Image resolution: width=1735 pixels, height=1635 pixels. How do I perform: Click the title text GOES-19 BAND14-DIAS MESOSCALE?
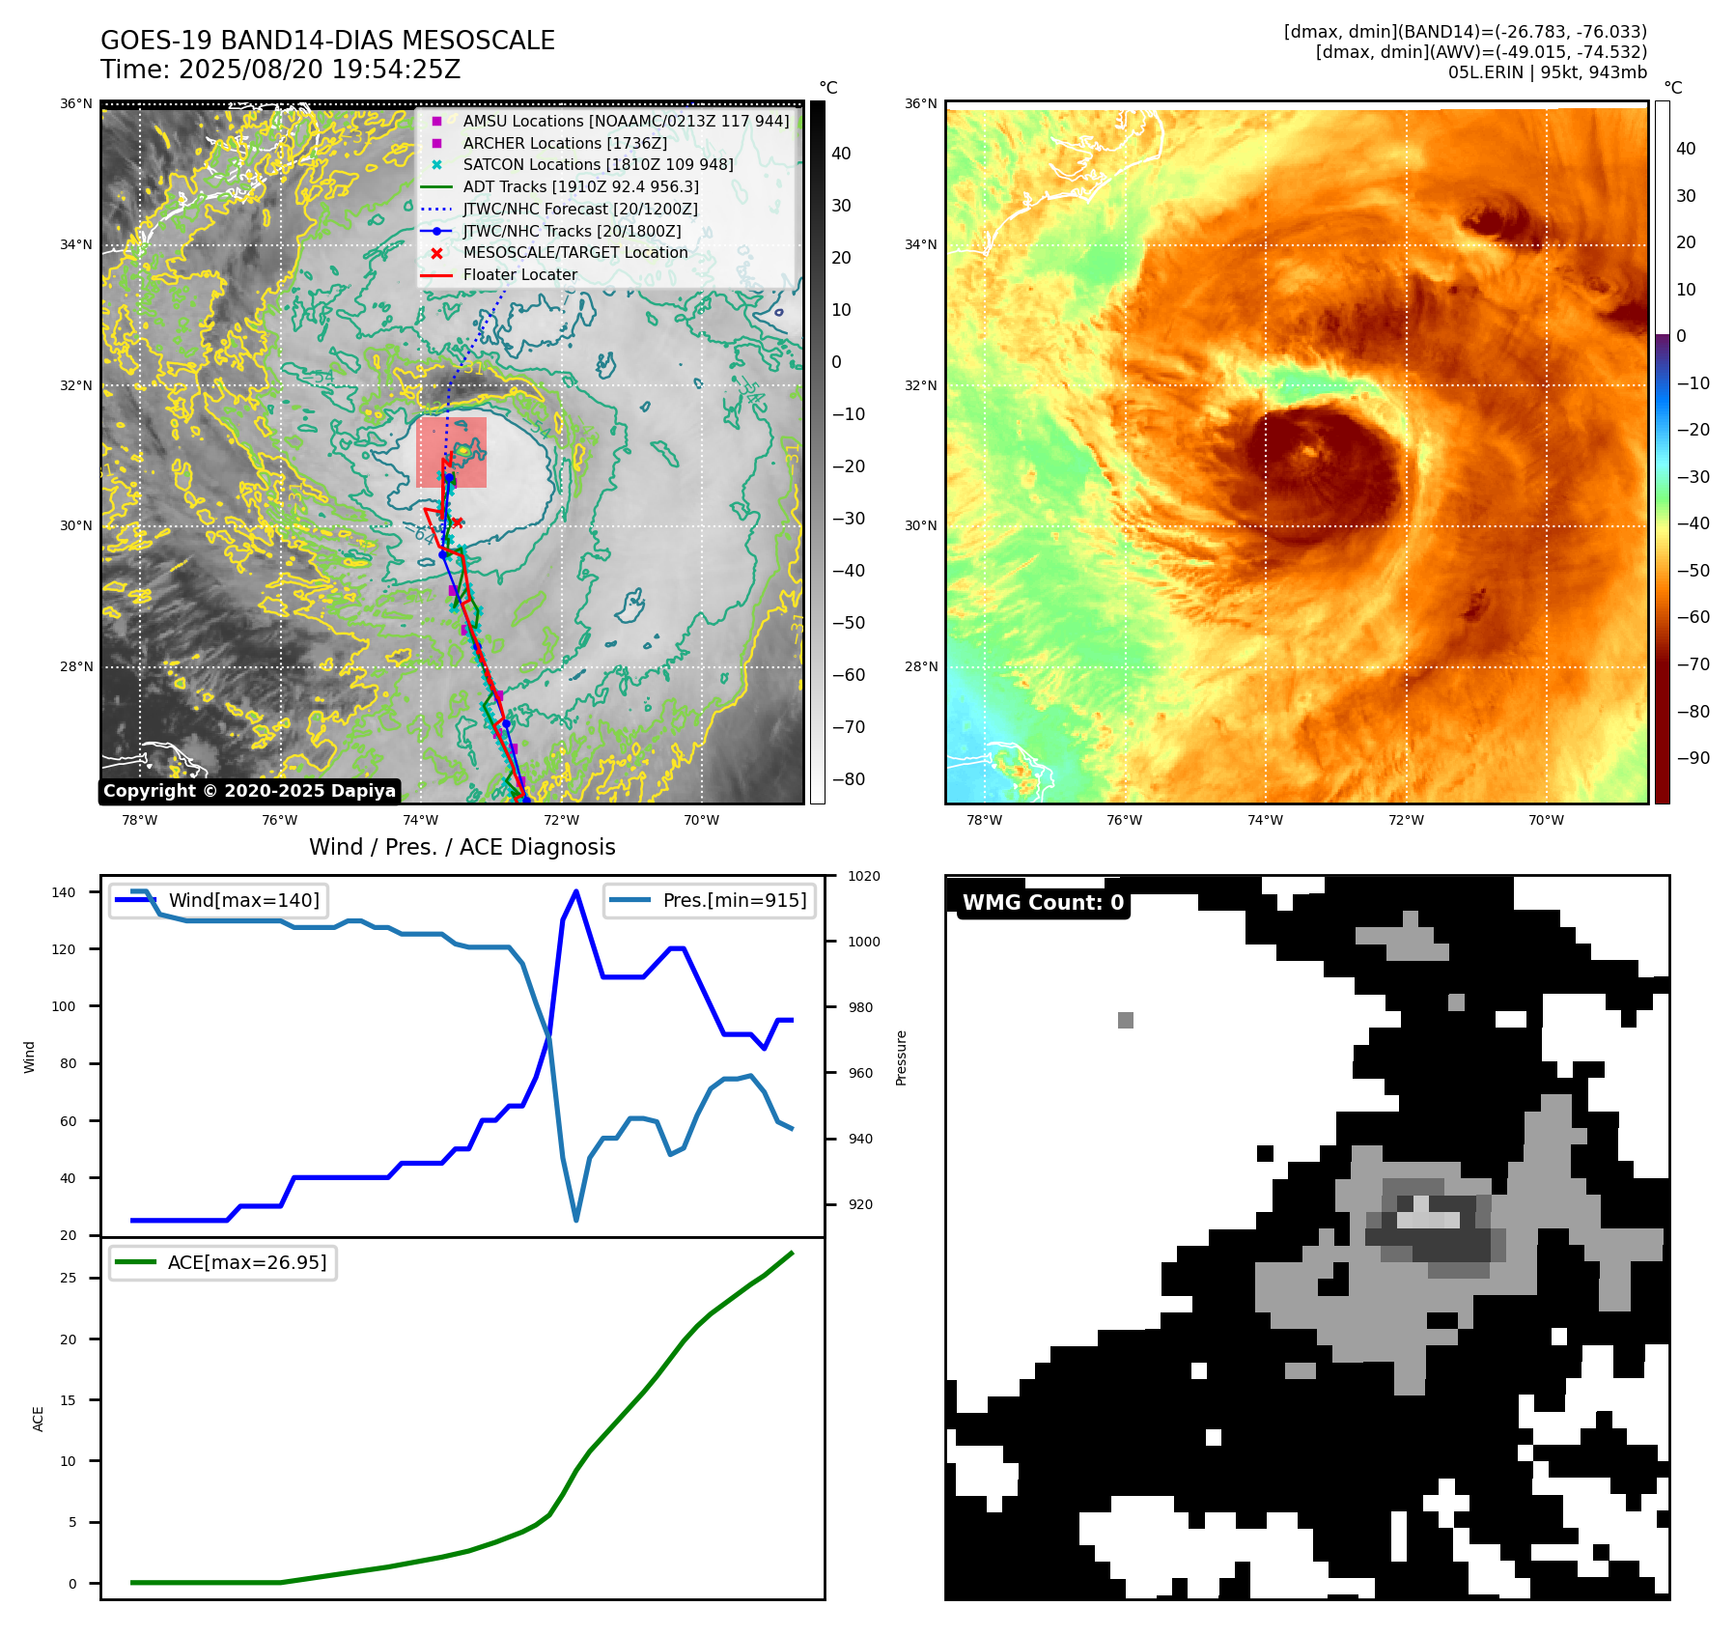tap(327, 41)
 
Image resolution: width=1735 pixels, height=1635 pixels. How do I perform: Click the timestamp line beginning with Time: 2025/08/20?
tap(280, 70)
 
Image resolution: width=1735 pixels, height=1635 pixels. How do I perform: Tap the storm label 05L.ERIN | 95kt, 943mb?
tap(1547, 72)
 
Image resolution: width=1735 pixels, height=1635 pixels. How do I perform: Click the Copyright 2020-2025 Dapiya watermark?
tap(249, 791)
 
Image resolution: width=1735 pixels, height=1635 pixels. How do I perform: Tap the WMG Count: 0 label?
tap(1043, 902)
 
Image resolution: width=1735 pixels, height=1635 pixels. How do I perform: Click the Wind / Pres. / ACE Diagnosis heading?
tap(462, 847)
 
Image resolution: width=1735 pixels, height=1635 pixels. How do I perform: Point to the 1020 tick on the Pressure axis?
tap(863, 876)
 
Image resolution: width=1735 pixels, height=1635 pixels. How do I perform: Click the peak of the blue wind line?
tap(576, 891)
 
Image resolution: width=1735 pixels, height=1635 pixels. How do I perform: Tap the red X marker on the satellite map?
tap(457, 523)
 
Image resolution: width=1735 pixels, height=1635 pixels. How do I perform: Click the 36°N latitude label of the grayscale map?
tap(77, 103)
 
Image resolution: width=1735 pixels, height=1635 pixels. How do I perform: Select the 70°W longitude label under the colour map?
tap(1546, 820)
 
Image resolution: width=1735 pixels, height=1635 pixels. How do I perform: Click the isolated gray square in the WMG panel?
tap(1125, 1020)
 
